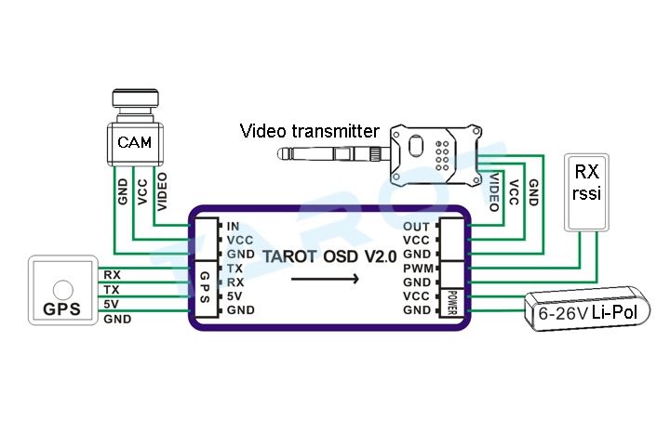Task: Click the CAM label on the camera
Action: tap(134, 142)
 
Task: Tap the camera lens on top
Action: tap(135, 98)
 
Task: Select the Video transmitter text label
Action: tap(309, 131)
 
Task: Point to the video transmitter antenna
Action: tap(333, 153)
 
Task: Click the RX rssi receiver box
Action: tap(586, 192)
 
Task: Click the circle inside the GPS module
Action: tap(63, 290)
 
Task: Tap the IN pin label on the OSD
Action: tap(234, 226)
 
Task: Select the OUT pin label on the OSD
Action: tap(416, 226)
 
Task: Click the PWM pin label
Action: tap(418, 269)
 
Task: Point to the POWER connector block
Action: tap(452, 303)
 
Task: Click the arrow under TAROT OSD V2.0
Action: tap(325, 279)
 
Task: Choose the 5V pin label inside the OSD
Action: tap(234, 295)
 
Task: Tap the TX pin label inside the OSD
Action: tap(234, 269)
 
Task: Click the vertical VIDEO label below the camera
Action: tap(162, 191)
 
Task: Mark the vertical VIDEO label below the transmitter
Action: tap(494, 192)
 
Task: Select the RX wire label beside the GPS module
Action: tap(112, 275)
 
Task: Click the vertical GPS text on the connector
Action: tap(205, 287)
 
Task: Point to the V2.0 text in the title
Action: tap(381, 256)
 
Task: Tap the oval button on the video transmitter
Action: tap(416, 146)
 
